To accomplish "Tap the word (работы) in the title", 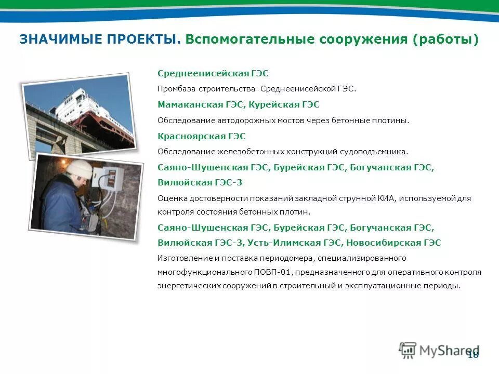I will pos(446,40).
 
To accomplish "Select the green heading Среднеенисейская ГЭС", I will pos(213,74).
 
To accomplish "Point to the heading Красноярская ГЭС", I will pos(201,136).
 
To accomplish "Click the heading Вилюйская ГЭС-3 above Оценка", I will pos(200,183).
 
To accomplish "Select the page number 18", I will pos(473,355).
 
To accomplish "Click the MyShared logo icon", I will pos(408,350).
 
